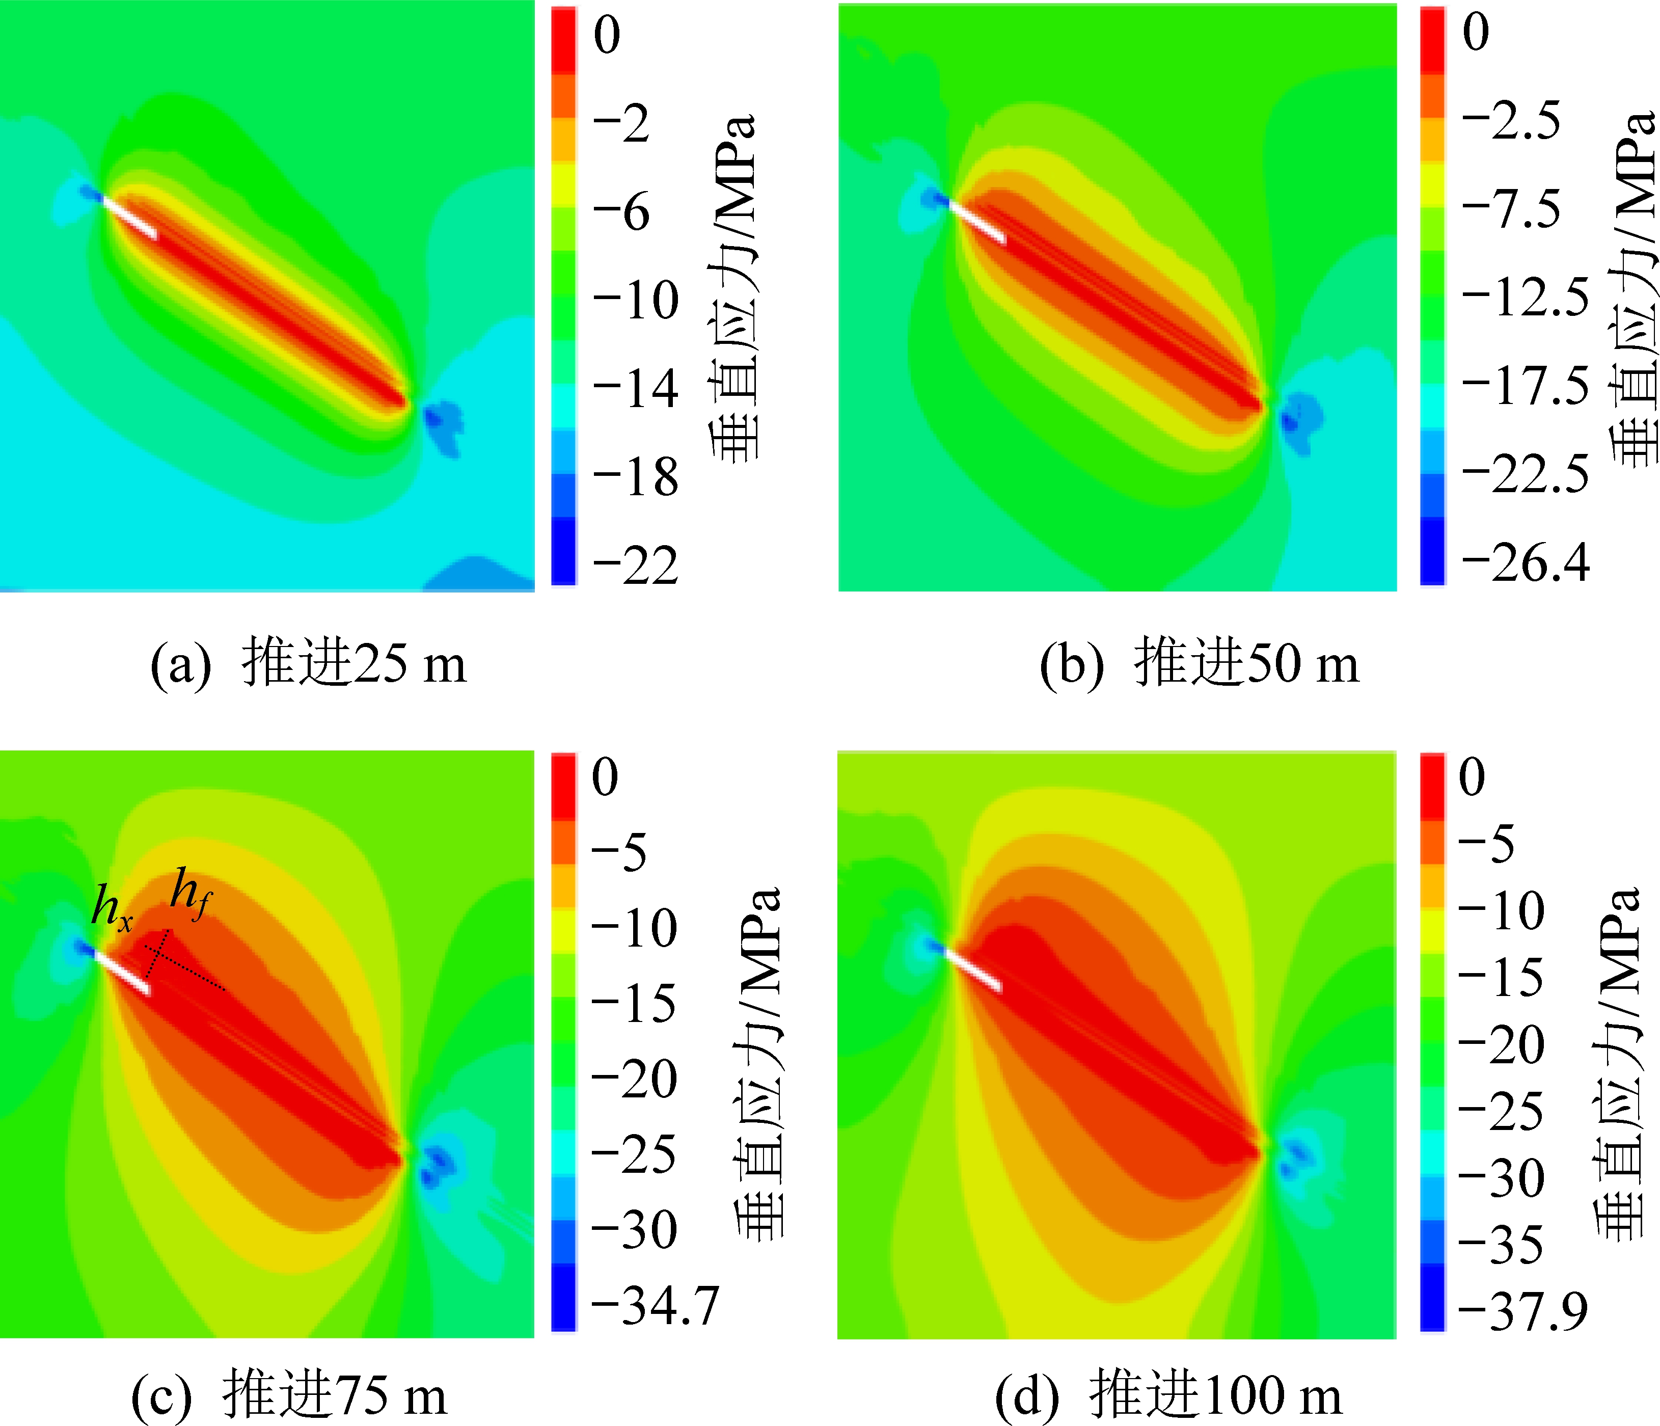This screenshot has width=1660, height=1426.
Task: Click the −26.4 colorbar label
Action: coord(1525,562)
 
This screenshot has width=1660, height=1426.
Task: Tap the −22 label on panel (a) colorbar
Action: coord(635,566)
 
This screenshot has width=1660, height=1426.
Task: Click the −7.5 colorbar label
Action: coord(1511,210)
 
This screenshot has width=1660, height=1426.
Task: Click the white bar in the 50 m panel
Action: coord(976,221)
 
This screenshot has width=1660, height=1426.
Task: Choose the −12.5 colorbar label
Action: coord(1525,298)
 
